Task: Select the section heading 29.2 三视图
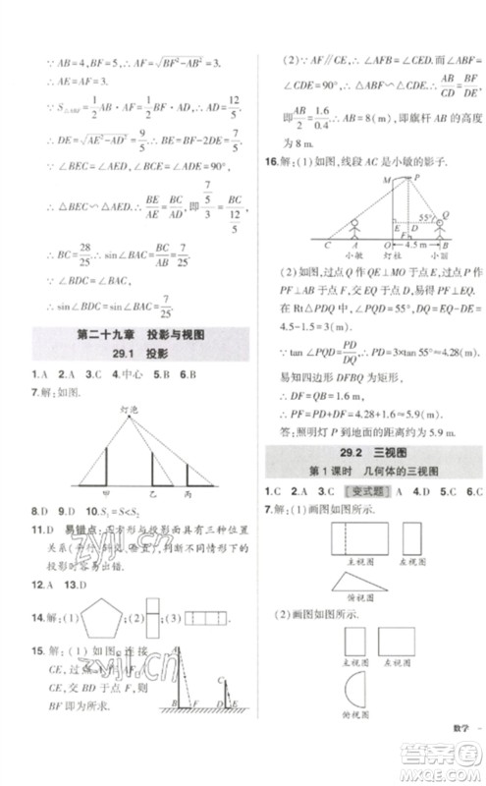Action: coord(374,451)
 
